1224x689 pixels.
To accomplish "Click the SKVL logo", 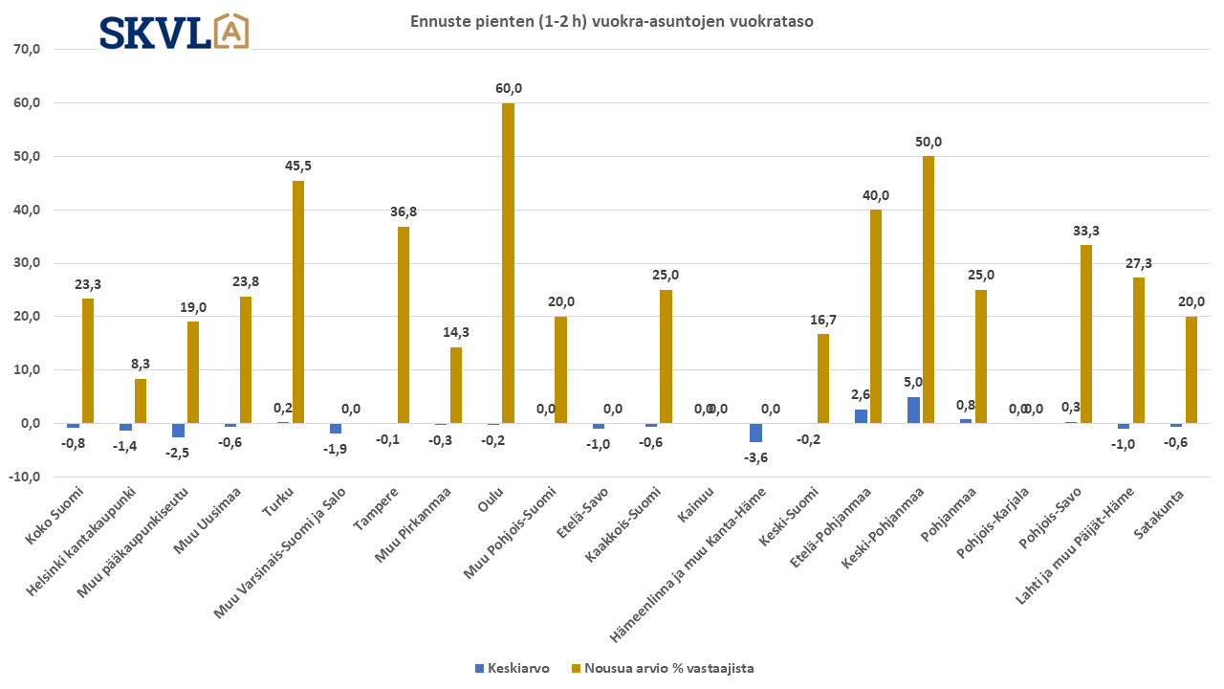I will [x=174, y=32].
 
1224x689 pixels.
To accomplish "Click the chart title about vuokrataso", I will [x=612, y=21].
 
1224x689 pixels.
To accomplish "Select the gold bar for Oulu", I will [x=508, y=263].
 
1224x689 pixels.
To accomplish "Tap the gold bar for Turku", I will [x=298, y=301].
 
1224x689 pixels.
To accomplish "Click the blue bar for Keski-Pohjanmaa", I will [x=913, y=410].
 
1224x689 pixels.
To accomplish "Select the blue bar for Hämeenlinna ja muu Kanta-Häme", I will [x=755, y=433].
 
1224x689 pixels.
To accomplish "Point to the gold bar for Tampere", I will [x=404, y=324].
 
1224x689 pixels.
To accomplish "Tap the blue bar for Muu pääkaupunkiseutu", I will [x=178, y=430].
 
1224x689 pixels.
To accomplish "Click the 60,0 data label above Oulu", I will [x=509, y=88].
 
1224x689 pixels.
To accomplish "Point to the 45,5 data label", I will [x=298, y=166].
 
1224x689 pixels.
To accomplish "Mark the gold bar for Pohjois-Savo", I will [x=1086, y=334].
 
